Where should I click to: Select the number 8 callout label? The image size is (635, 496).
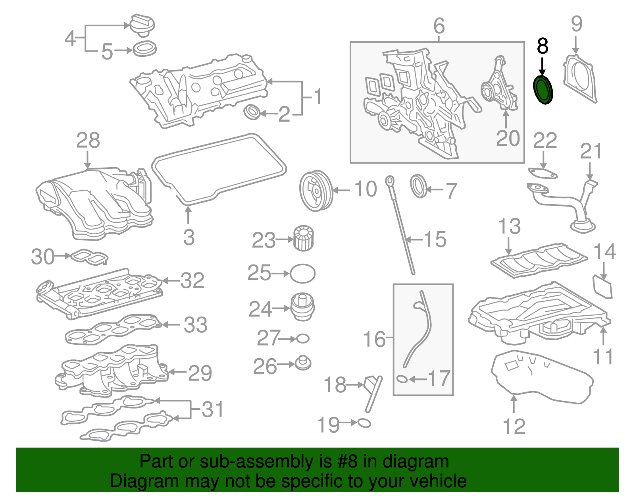point(543,46)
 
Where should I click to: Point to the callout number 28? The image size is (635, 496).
point(88,141)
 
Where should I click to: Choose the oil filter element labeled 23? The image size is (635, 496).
point(304,238)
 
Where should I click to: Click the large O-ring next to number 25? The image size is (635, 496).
point(303,274)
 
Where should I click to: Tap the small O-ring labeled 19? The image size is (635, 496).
point(364,423)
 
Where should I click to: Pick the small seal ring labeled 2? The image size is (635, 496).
point(251,112)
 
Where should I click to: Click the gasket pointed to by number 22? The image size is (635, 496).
point(543,173)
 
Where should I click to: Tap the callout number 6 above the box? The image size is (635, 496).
point(439,26)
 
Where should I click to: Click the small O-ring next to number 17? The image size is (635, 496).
point(402,379)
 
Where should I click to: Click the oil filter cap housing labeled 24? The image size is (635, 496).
point(303,307)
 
